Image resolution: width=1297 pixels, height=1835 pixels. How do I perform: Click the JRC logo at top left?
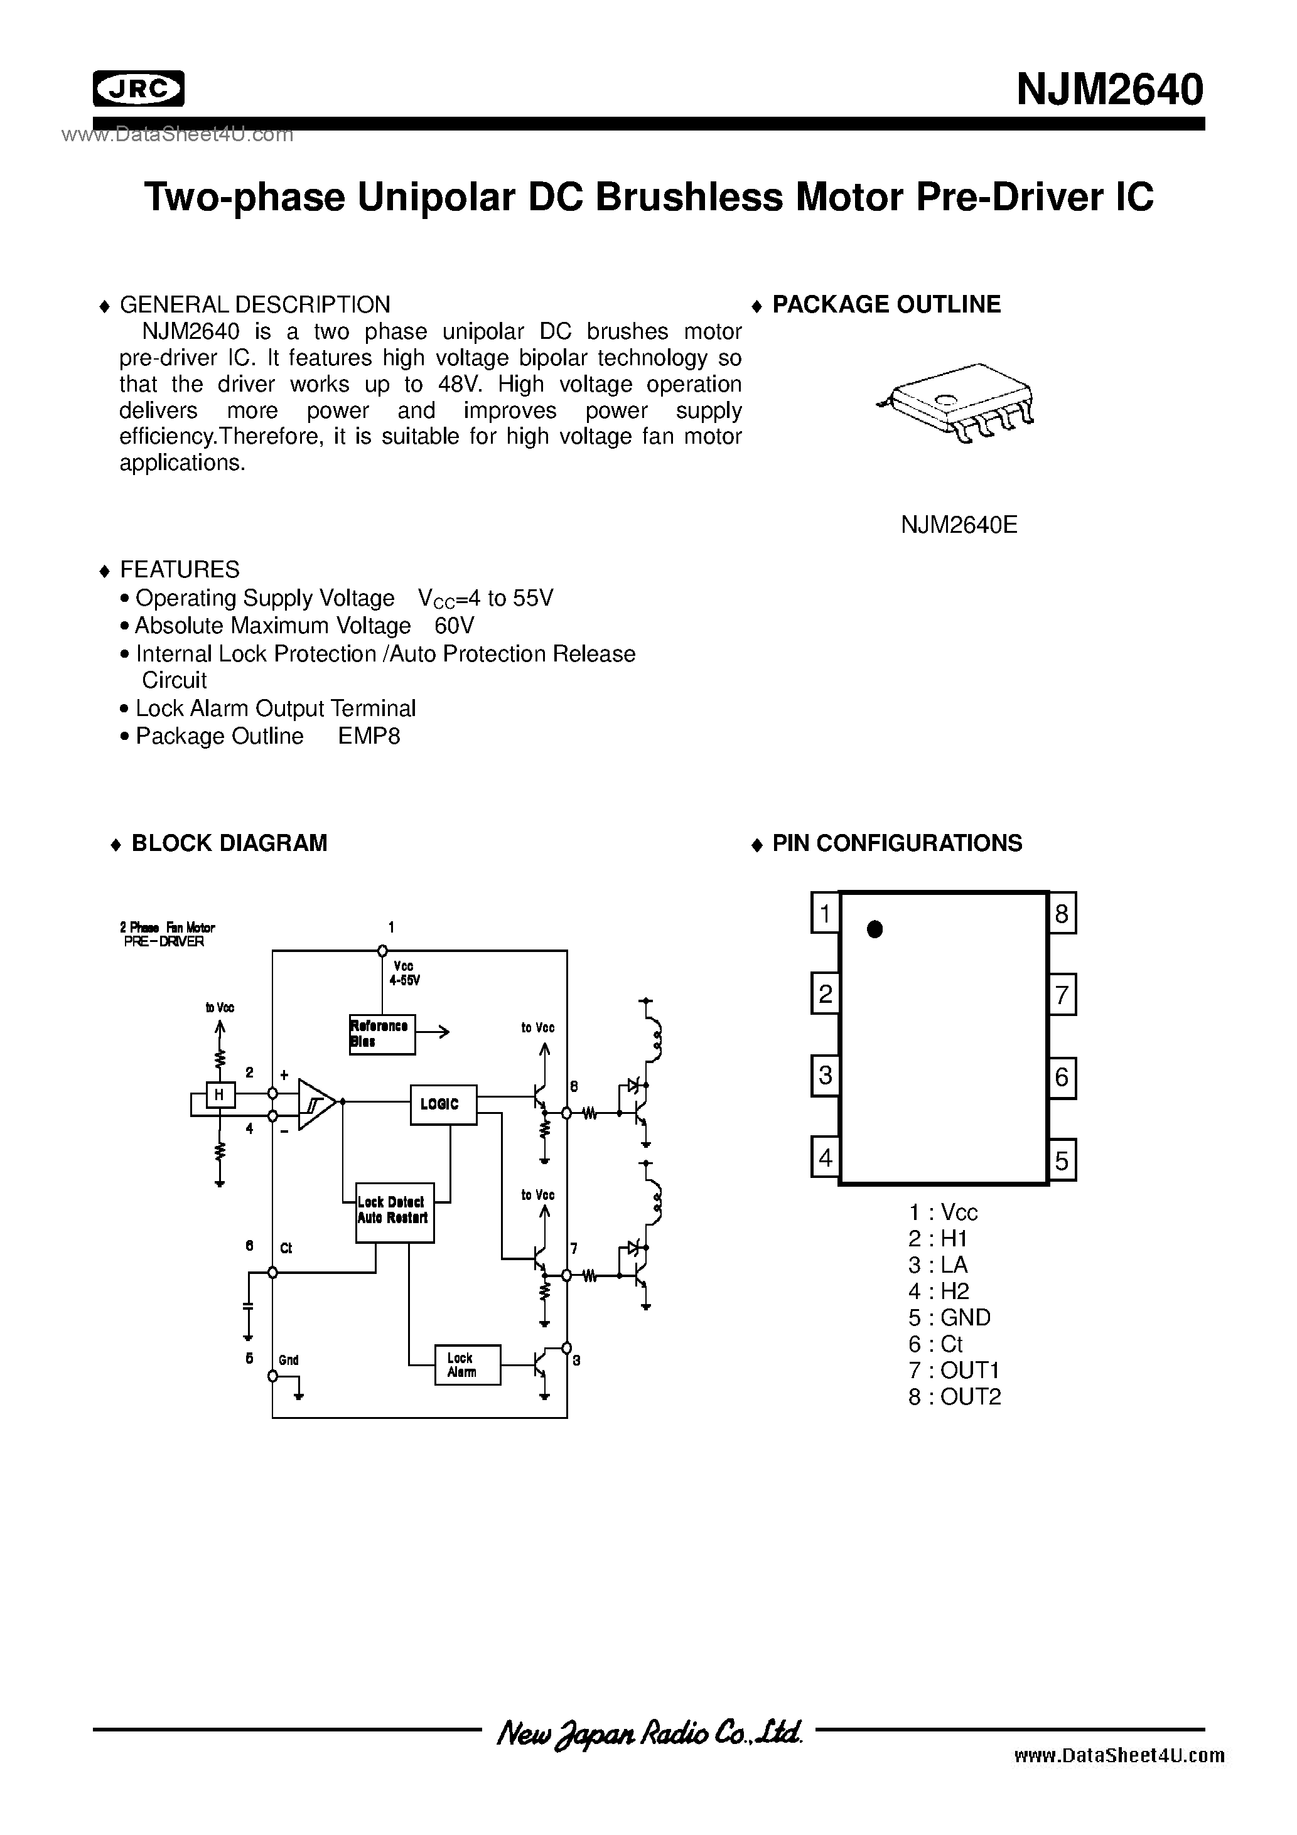click(138, 88)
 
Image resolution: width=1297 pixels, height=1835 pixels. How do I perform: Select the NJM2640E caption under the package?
click(959, 525)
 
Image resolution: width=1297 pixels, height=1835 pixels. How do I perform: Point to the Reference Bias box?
click(382, 1034)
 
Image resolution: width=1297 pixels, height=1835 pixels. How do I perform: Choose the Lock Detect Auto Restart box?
click(394, 1212)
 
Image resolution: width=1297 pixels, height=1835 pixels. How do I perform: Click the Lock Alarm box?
click(467, 1364)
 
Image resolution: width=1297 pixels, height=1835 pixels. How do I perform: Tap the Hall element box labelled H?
click(220, 1095)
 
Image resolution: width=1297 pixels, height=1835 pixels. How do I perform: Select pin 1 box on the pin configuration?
click(824, 912)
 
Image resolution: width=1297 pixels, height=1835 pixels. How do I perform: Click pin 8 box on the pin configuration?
click(1062, 912)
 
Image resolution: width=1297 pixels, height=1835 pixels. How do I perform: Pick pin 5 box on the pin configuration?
click(1062, 1160)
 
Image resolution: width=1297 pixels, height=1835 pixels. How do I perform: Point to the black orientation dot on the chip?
click(875, 929)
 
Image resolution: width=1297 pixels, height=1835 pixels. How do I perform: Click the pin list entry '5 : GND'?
click(949, 1317)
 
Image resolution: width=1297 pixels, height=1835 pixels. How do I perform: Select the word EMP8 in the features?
click(369, 736)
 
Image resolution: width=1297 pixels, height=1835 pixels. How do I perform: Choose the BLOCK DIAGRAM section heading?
click(229, 843)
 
